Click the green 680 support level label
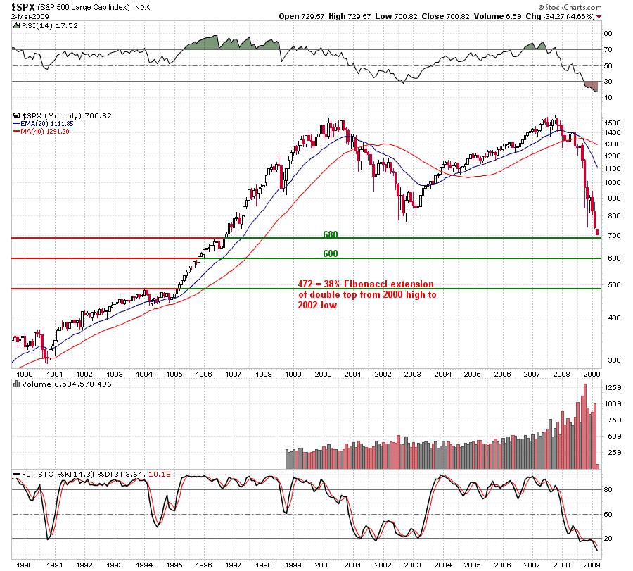tap(330, 234)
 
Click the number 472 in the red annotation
tap(305, 285)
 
